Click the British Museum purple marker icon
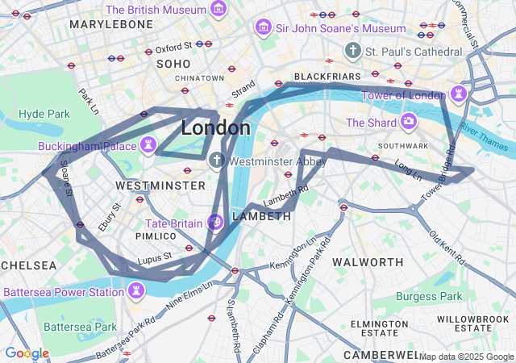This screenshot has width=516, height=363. coord(217,10)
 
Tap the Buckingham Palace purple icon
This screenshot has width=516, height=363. coord(148,145)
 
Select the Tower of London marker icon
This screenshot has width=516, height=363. coord(459,94)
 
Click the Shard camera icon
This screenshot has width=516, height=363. coord(409,123)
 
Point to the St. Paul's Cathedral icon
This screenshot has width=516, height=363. coord(352,52)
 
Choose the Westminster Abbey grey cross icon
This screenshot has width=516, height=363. coord(216,161)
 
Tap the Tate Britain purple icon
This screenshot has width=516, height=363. coord(215,222)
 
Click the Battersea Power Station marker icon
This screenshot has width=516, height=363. coord(136,290)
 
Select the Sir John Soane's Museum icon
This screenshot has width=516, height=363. coord(262,28)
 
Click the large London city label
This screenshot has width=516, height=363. coord(215,128)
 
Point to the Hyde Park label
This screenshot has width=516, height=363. coord(44,114)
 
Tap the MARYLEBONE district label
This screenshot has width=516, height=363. coord(111,25)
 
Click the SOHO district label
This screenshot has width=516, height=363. coord(173,63)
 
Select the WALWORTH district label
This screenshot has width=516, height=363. coord(368,262)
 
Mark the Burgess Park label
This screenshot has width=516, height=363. coord(429,296)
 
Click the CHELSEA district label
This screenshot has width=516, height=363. coord(28,265)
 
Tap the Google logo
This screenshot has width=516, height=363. coord(27,353)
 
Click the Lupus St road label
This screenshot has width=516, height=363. coord(156,258)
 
